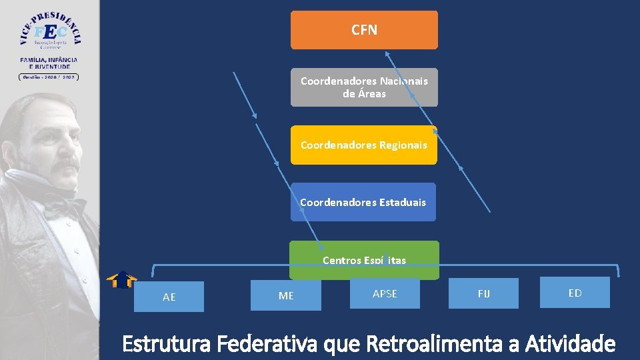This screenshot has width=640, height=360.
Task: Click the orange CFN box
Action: (x=364, y=30)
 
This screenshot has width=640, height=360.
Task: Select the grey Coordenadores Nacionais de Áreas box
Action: (x=364, y=87)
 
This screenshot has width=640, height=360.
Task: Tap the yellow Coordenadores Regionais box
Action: (x=364, y=145)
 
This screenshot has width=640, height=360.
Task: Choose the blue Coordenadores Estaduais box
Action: (x=363, y=202)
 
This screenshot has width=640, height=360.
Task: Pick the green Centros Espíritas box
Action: (x=364, y=260)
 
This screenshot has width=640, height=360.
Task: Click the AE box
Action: (x=169, y=297)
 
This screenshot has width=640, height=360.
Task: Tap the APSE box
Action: (x=385, y=293)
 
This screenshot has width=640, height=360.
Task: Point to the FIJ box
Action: (x=483, y=293)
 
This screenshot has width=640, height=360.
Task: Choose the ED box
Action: (x=575, y=293)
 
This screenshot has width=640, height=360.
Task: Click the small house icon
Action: (x=122, y=279)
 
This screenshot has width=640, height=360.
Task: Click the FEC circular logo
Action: (x=50, y=31)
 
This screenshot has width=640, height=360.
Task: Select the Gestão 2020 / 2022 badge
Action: (x=49, y=77)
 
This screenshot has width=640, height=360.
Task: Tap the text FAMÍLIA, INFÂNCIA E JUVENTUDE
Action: (x=49, y=63)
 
